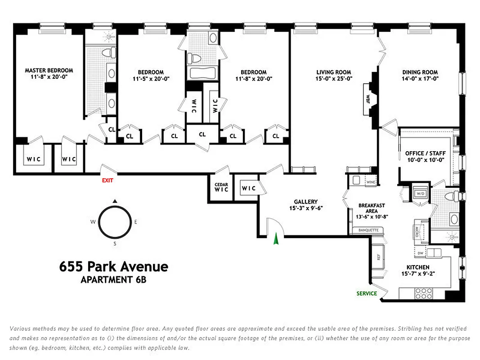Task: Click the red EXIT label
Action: click(108, 180)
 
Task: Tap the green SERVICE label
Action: click(366, 293)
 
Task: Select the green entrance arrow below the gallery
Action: click(276, 241)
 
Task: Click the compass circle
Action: click(114, 222)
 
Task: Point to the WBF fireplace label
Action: click(368, 99)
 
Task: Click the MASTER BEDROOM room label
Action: click(49, 71)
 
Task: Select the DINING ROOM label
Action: click(420, 72)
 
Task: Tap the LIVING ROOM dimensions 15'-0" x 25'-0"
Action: click(333, 79)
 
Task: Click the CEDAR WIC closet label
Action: click(221, 187)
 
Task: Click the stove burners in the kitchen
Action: click(422, 293)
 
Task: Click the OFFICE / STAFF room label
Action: click(425, 153)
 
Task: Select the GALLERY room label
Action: click(306, 202)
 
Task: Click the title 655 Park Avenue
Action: click(114, 267)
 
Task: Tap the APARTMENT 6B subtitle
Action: click(113, 280)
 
